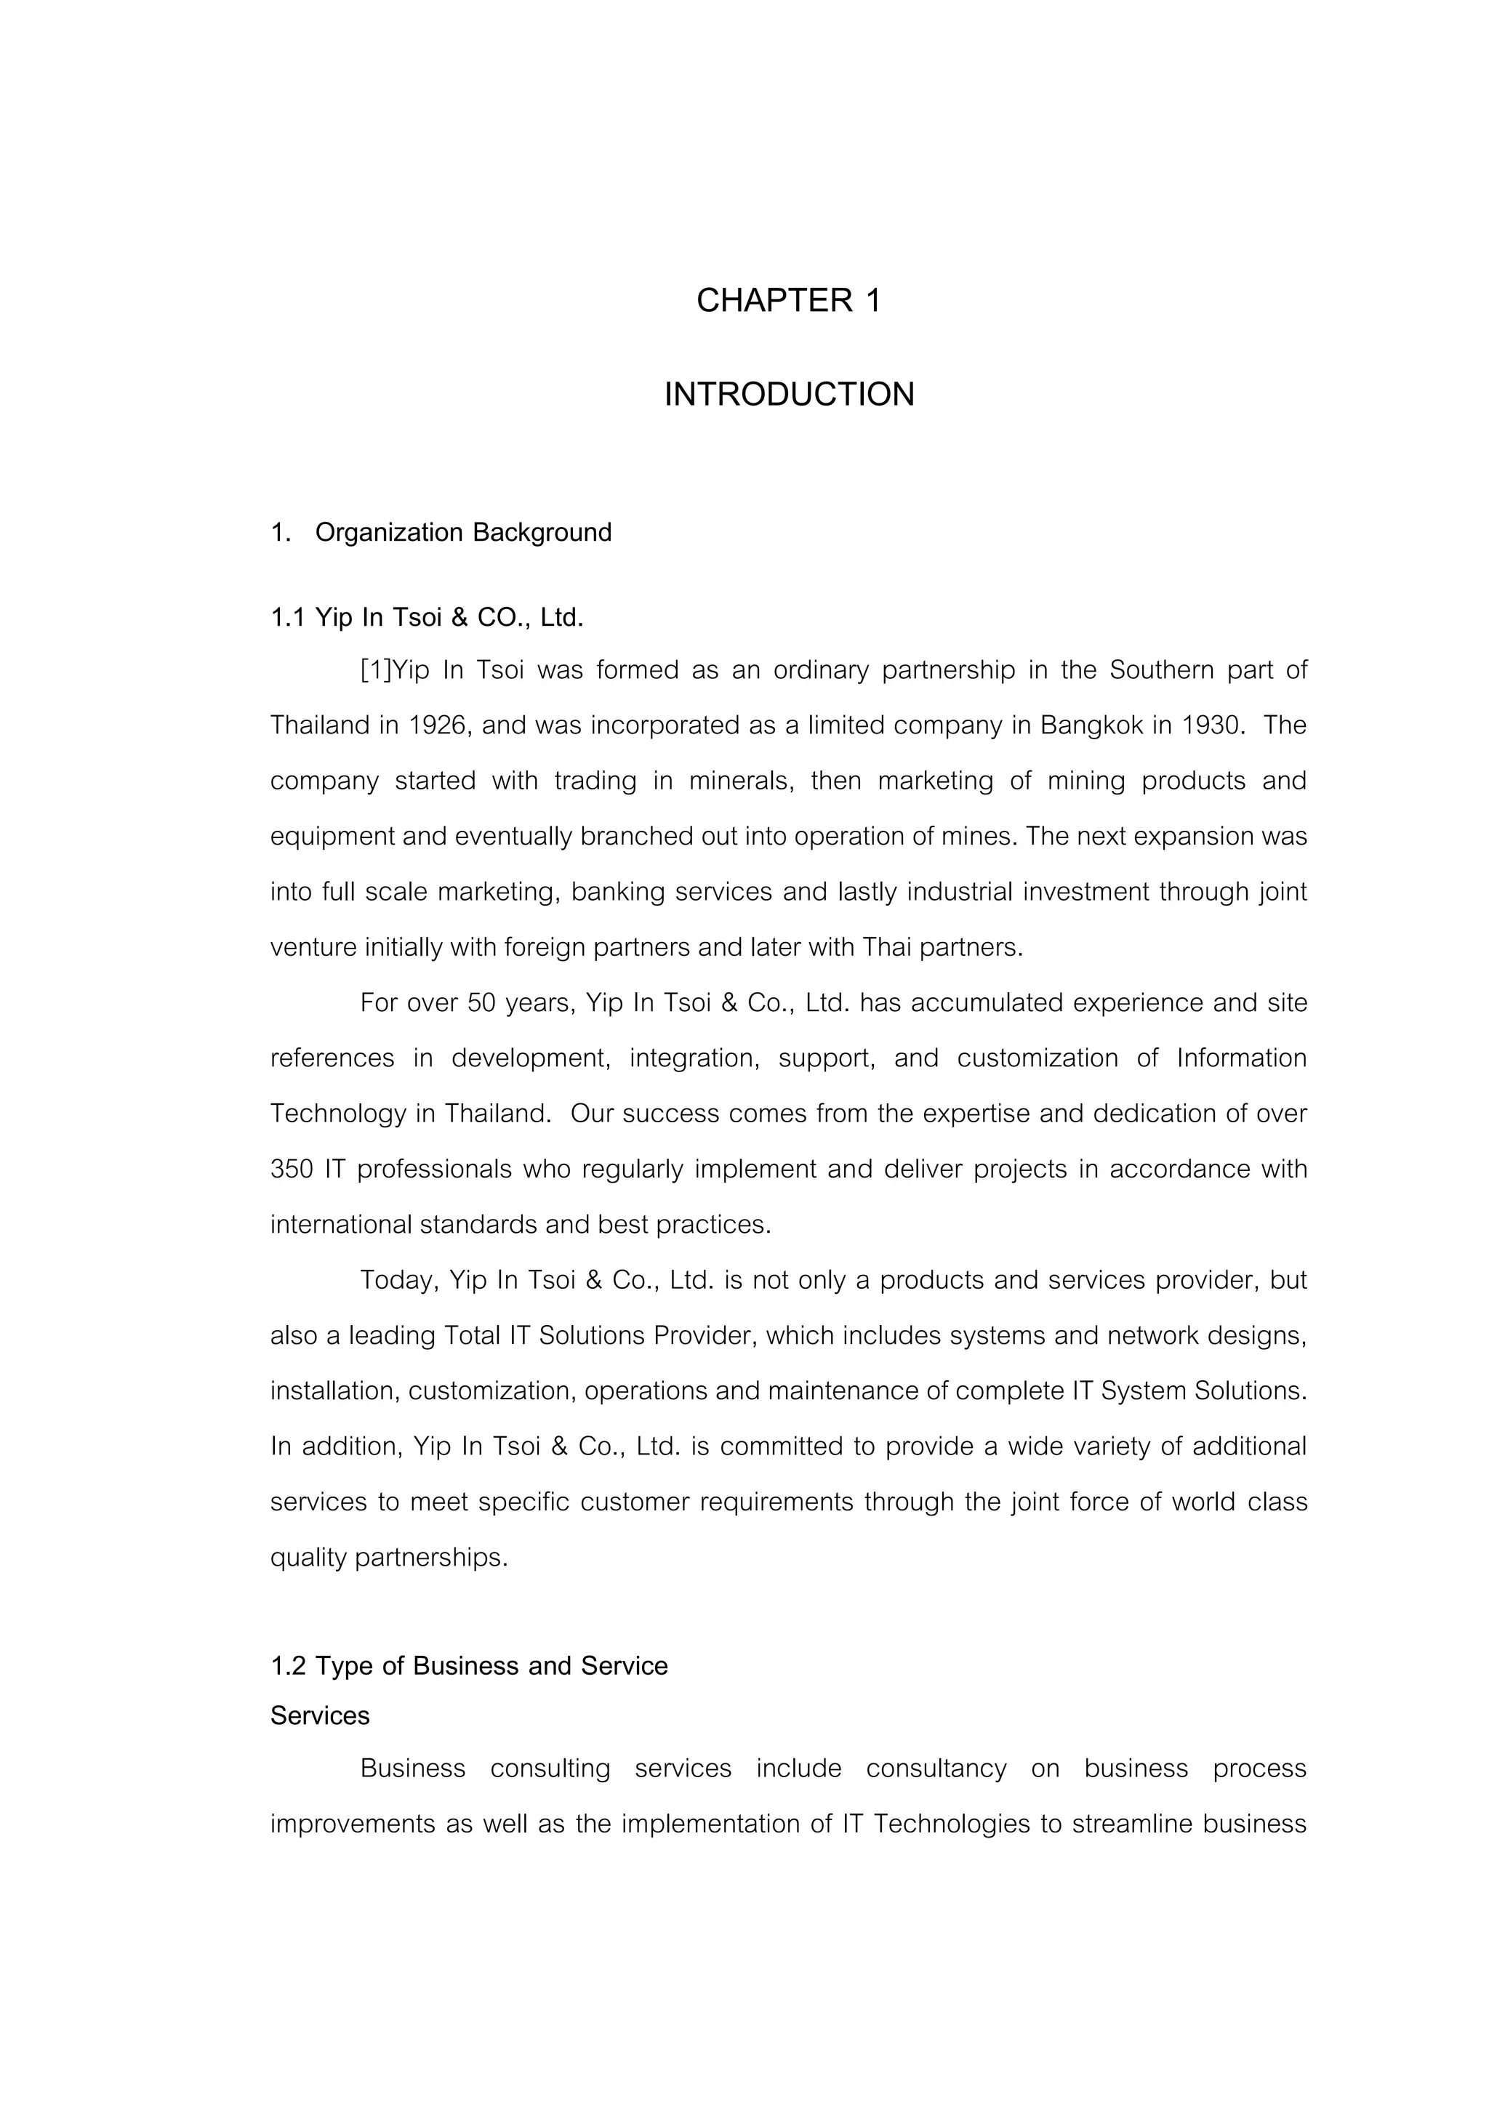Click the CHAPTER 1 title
tap(789, 301)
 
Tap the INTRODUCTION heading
tap(789, 395)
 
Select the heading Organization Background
tap(463, 533)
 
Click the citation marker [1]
tap(376, 670)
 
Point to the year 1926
tap(438, 726)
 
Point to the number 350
tap(292, 1170)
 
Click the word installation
tap(334, 1392)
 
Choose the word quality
tap(308, 1558)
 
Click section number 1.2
tap(288, 1666)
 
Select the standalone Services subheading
tap(320, 1716)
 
